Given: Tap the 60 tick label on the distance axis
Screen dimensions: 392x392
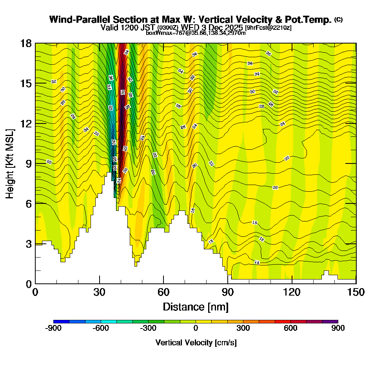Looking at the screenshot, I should coord(163,292).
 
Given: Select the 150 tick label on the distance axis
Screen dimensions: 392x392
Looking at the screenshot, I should coord(356,292).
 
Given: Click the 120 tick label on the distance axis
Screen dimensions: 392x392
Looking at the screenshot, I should coord(292,292).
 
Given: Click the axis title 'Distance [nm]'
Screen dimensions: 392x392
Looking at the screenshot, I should coord(196,306).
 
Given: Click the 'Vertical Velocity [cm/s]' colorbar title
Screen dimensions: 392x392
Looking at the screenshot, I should coord(196,343).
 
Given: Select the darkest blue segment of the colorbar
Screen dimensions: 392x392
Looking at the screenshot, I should coord(62,321).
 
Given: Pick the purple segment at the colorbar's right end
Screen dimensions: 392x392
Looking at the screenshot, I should coord(330,321).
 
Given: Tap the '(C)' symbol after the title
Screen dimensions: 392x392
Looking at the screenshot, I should coord(339,20).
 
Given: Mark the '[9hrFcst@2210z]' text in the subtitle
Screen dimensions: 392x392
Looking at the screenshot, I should coord(268,27).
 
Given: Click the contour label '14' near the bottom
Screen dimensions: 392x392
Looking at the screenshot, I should coord(257,262).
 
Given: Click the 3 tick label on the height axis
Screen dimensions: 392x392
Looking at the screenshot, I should coord(29,244).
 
